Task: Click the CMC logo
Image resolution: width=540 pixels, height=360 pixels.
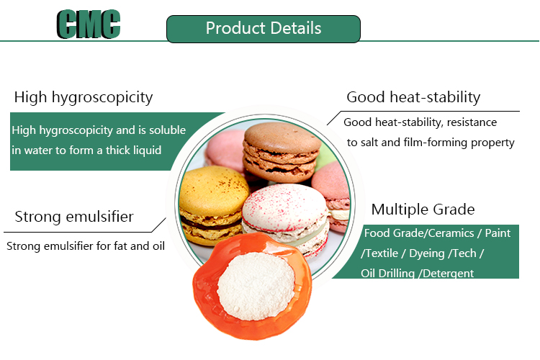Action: tap(89, 25)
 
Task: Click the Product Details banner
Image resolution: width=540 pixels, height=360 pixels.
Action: tap(264, 29)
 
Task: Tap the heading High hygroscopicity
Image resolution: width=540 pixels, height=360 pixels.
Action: tap(84, 97)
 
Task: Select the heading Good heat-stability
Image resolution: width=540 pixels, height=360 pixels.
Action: tap(413, 97)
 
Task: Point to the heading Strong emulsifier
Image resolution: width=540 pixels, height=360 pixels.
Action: tap(74, 217)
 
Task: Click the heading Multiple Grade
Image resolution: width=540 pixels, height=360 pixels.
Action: tap(423, 210)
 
